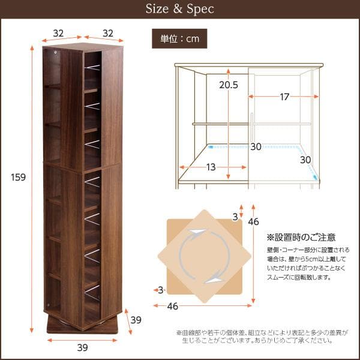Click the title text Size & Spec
(180, 10)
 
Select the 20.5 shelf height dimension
(228, 85)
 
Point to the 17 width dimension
(284, 97)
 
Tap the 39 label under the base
(83, 347)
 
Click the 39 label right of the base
(136, 320)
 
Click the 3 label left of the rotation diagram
(161, 290)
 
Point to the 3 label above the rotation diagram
(235, 215)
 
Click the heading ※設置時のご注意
(301, 238)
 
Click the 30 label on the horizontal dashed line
(256, 147)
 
